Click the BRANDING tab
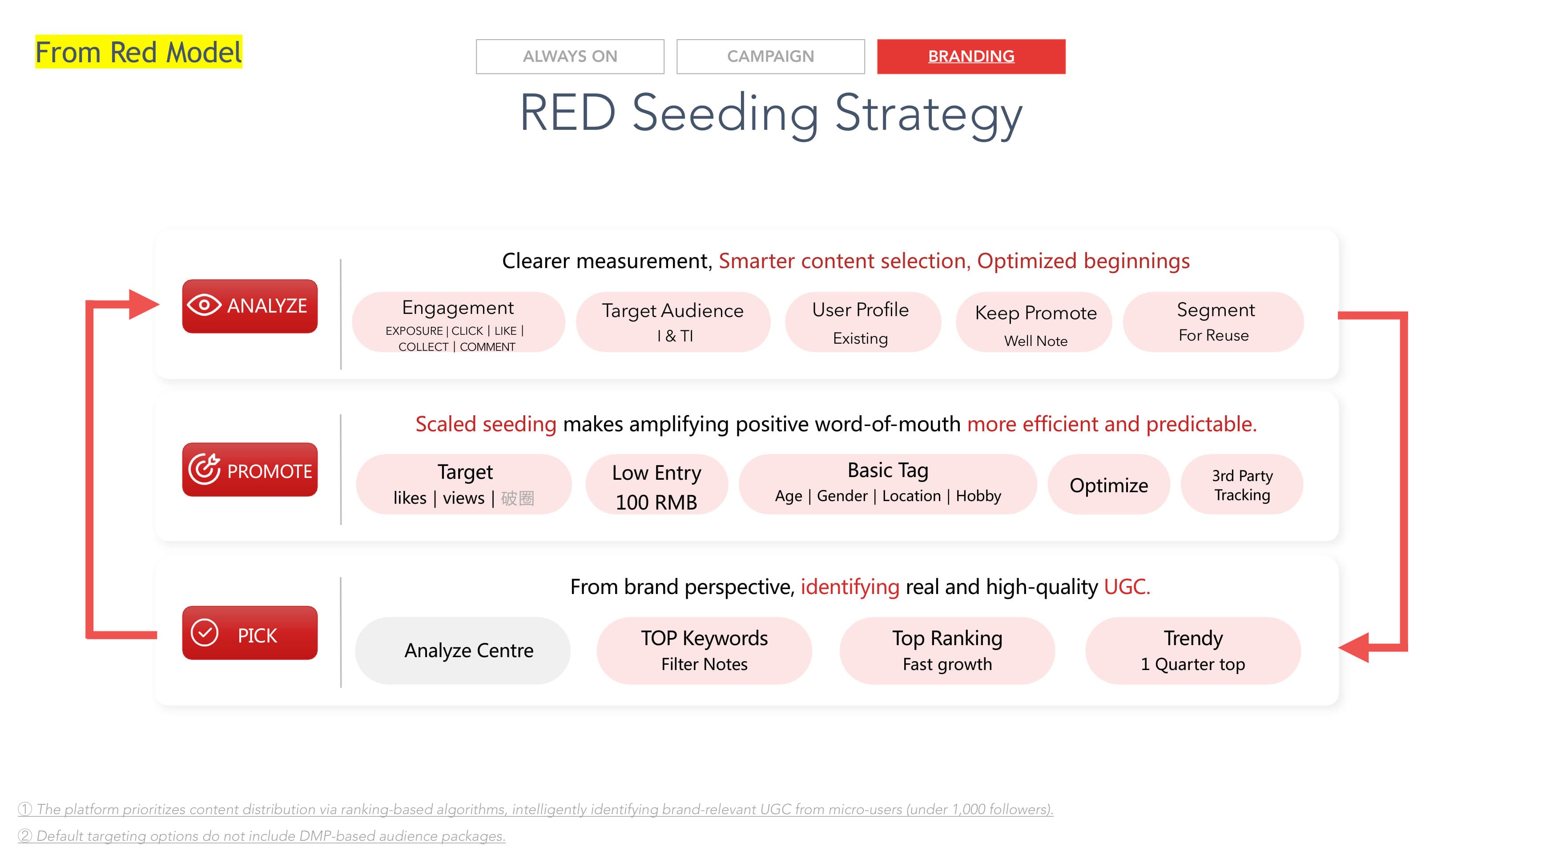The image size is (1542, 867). pyautogui.click(x=971, y=56)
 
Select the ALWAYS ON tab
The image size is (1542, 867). pyautogui.click(x=570, y=56)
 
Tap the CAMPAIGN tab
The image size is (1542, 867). pyautogui.click(x=770, y=56)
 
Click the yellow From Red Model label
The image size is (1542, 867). pyautogui.click(x=139, y=52)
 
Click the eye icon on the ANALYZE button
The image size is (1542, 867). pyautogui.click(x=204, y=305)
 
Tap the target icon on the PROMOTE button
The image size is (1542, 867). pyautogui.click(x=204, y=469)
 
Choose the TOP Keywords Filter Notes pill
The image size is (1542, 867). pyautogui.click(x=704, y=650)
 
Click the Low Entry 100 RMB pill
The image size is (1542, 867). pyautogui.click(x=656, y=485)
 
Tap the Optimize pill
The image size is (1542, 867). pyautogui.click(x=1109, y=485)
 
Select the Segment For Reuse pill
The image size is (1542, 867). pyautogui.click(x=1214, y=322)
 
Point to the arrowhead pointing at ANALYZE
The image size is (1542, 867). pyautogui.click(x=144, y=305)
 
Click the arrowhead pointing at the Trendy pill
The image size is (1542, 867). pyautogui.click(x=1354, y=647)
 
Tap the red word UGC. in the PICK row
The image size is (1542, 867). pyautogui.click(x=1127, y=587)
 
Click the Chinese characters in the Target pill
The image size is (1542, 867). pyautogui.click(x=518, y=498)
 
